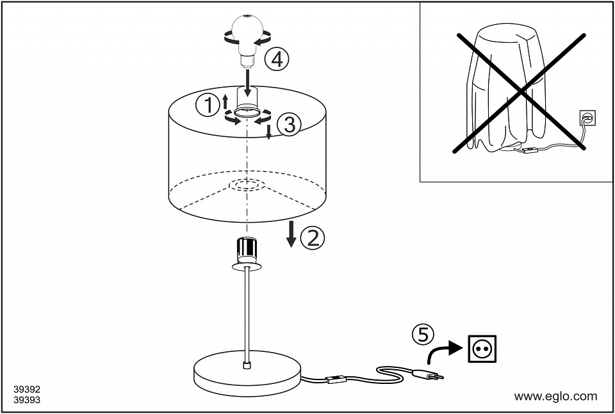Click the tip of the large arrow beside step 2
tap(291, 248)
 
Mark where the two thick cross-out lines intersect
tap(521, 92)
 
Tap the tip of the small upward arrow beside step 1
tap(225, 95)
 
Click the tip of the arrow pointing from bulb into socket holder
tap(247, 97)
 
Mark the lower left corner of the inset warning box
tap(420, 182)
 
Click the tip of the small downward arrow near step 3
tap(268, 139)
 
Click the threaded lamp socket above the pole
tap(247, 250)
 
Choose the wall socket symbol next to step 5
tap(482, 348)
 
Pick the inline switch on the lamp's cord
tap(336, 379)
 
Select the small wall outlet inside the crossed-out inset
tap(587, 118)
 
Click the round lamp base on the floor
tap(247, 372)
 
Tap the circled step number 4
tap(276, 60)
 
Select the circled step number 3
tap(289, 125)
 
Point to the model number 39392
tap(27, 390)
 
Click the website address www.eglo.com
tap(555, 396)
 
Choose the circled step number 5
tap(423, 334)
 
